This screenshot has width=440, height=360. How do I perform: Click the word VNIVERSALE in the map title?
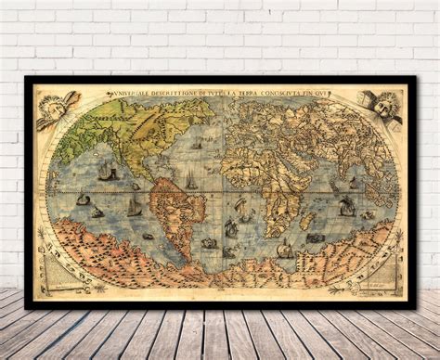point(129,95)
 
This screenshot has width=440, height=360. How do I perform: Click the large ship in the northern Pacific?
point(108,173)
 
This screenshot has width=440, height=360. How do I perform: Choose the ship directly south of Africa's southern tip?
point(284,249)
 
